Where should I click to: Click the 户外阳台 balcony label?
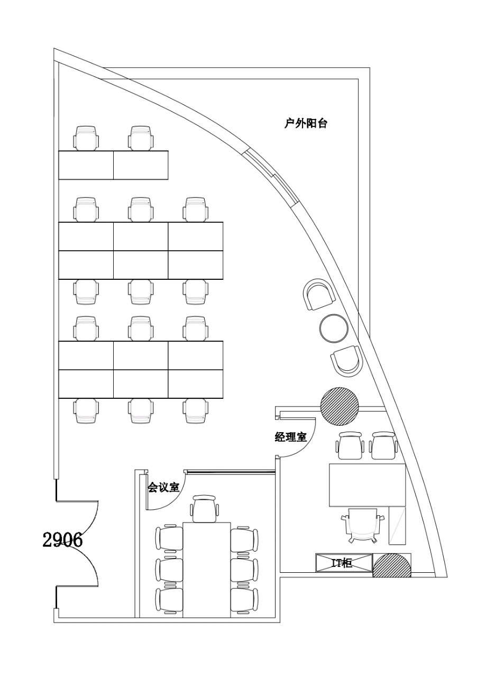point(306,124)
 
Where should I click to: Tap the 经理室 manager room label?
point(290,437)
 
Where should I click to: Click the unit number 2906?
point(62,540)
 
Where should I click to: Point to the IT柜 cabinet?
point(344,563)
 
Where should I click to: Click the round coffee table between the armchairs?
point(334,327)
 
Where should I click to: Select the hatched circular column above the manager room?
point(340,406)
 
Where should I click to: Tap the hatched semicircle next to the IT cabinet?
point(392,566)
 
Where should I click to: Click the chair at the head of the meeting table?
point(205,509)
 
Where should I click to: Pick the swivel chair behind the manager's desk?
point(362,524)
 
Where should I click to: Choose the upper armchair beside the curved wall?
point(319,294)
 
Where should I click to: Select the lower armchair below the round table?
point(346,361)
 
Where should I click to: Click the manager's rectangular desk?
point(368,484)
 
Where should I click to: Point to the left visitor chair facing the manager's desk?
point(351,446)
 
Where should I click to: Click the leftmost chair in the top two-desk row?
point(86,138)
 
